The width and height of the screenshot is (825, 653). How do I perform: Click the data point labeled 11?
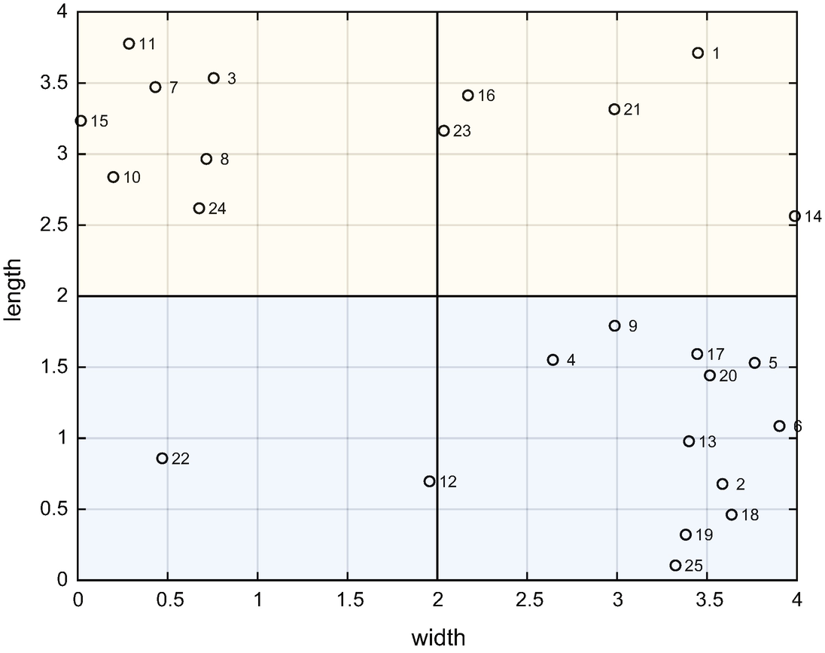(x=129, y=44)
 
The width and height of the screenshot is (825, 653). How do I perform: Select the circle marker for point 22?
(x=162, y=459)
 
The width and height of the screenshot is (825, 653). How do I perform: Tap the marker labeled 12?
(x=429, y=481)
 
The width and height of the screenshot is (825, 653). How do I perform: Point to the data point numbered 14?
(x=794, y=216)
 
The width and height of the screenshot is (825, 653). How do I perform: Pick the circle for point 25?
(x=675, y=566)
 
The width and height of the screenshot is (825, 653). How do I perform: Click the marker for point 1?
(x=698, y=53)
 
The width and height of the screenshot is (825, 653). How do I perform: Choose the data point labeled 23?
(x=443, y=131)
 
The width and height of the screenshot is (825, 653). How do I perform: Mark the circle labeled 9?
(x=614, y=326)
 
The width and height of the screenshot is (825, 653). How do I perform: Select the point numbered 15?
(x=81, y=121)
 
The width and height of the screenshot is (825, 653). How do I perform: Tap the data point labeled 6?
(x=779, y=426)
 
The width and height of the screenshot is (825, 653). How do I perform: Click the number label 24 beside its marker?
(x=218, y=209)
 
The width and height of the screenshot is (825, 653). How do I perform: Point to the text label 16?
(x=486, y=96)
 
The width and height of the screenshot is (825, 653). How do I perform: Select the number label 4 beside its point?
(x=571, y=360)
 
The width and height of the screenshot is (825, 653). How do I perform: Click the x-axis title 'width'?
(x=438, y=638)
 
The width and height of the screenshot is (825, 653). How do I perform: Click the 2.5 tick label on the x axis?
(x=527, y=600)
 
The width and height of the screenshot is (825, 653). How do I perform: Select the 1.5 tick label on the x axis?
(x=347, y=600)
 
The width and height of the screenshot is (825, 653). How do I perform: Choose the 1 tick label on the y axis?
(x=62, y=438)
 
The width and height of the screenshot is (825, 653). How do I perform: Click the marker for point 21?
(x=614, y=109)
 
